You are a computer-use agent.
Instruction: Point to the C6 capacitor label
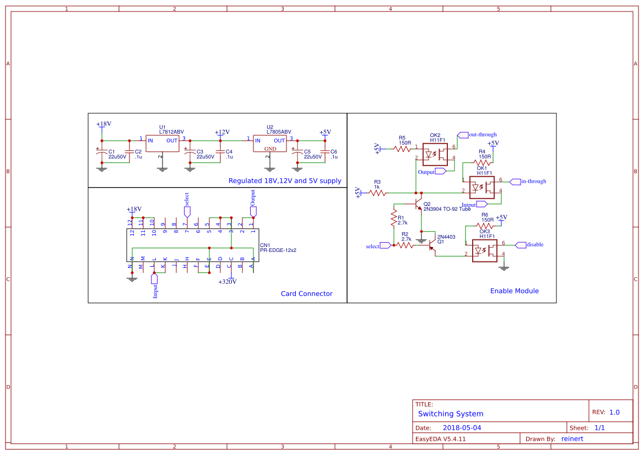point(334,151)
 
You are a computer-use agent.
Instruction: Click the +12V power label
point(221,133)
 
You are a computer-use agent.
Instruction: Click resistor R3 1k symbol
point(377,193)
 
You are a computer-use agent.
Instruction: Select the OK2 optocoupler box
point(435,154)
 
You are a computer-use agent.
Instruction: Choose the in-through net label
point(533,181)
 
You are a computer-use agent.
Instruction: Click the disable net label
point(534,244)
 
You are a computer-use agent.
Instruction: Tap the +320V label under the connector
point(228,282)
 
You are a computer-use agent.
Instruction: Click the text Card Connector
point(306,294)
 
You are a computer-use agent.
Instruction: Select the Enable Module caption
point(514,291)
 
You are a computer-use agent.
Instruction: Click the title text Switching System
point(450,414)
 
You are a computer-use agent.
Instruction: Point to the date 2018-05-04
point(462,427)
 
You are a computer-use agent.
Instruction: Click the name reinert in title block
point(572,438)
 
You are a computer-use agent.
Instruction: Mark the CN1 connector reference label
point(264,245)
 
